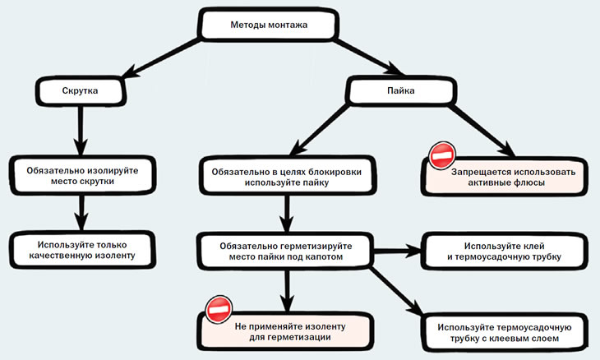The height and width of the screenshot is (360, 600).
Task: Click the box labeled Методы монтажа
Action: pos(268,25)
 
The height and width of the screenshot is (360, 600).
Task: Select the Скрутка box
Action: pos(81,91)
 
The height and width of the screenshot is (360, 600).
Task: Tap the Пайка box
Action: pos(401,90)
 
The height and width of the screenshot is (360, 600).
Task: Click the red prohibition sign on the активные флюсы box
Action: pos(442,155)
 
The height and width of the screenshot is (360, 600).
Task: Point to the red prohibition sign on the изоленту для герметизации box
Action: pos(219,309)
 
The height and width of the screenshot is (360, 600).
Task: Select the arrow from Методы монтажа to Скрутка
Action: pos(161,58)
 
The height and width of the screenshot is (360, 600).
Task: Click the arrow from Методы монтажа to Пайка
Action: pos(368,56)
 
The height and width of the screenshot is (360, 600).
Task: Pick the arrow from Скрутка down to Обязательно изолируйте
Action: pos(81,131)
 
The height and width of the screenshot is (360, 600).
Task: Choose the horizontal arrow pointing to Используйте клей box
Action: pos(397,251)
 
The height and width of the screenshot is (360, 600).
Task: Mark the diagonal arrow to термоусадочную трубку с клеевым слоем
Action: pos(397,291)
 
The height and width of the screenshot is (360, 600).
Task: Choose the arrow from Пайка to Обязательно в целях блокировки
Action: pos(320,130)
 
